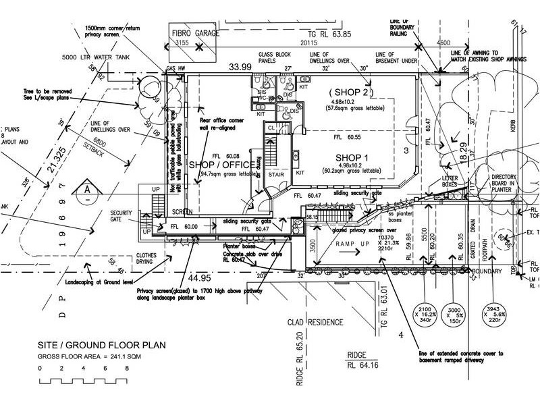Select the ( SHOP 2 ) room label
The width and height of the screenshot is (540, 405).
[x=349, y=92]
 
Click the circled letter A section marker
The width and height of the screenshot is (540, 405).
[x=86, y=190]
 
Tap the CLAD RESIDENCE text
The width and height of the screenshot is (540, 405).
[x=317, y=322]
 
